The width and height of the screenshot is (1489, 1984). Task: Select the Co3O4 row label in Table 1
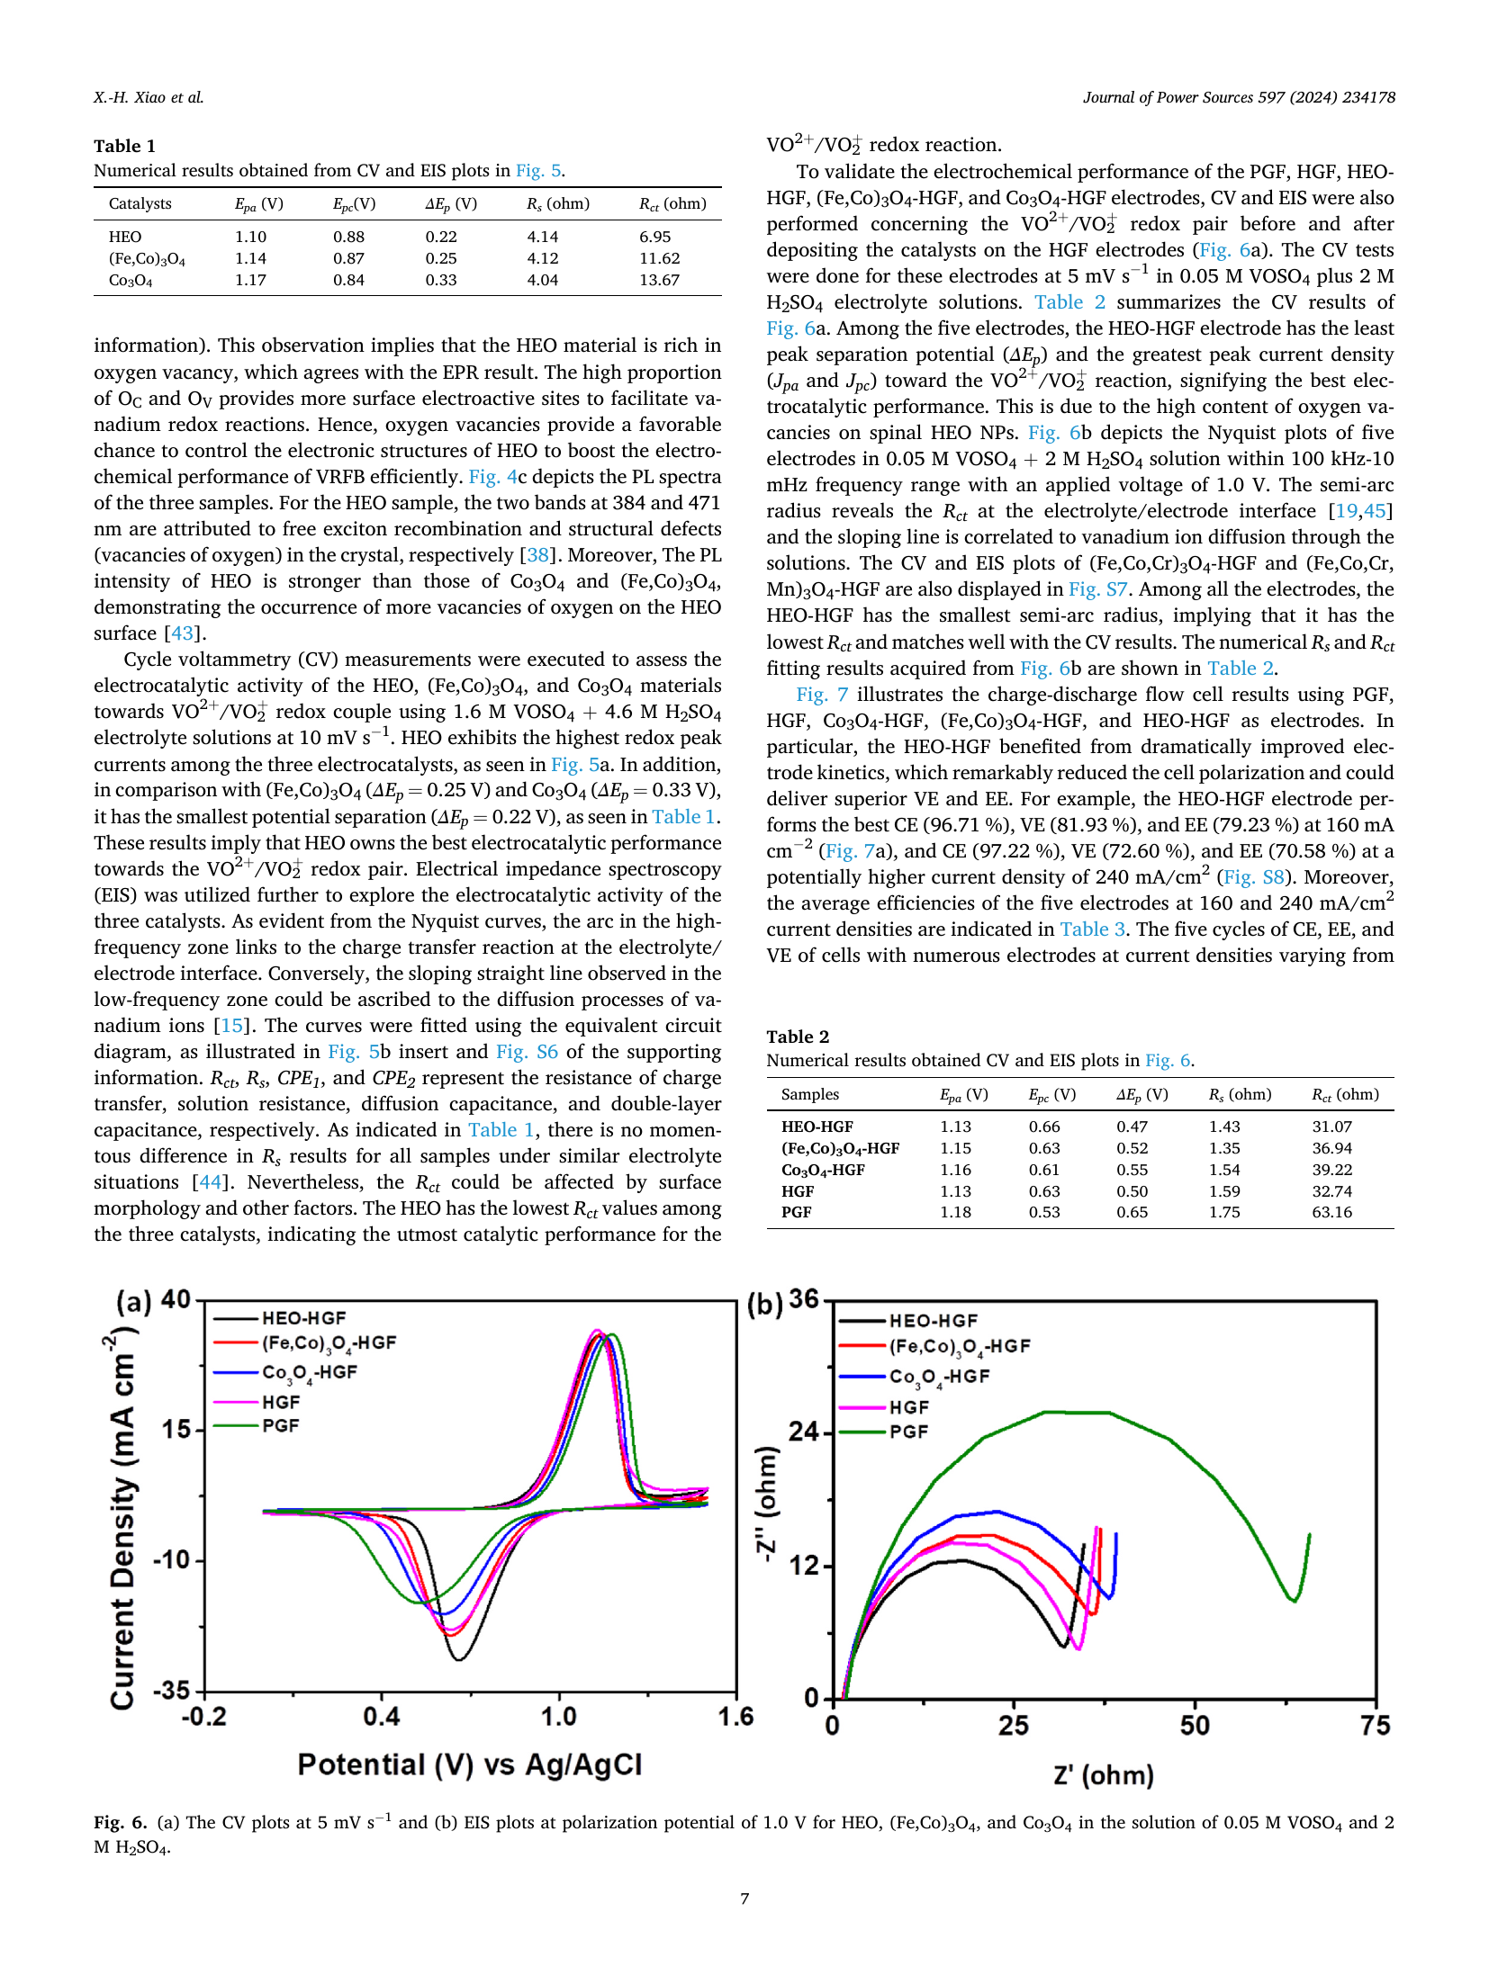coord(131,281)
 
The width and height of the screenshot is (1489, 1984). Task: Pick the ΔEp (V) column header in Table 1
coord(451,204)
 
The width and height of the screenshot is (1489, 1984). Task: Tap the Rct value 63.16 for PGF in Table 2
coord(1331,1212)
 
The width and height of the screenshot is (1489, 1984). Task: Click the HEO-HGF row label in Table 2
coord(817,1127)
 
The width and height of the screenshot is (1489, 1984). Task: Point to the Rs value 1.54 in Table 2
coord(1224,1170)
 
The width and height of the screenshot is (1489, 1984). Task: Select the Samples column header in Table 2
coord(809,1094)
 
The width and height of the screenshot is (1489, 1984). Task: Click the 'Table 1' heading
coord(124,146)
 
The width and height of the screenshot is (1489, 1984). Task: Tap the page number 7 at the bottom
coord(744,1899)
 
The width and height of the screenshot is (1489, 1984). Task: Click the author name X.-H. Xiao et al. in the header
coord(149,97)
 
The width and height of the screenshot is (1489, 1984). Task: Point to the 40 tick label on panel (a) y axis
coord(175,1300)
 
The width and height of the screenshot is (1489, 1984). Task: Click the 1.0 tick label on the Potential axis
coord(558,1717)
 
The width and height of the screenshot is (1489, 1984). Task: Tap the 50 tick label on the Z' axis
coord(1195,1725)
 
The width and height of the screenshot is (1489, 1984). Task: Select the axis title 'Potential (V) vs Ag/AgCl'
coord(470,1764)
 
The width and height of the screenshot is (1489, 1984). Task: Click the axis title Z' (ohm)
coord(1104,1775)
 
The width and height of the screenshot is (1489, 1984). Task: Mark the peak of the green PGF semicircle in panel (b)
coord(1076,1412)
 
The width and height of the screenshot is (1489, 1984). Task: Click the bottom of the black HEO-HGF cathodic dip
coord(459,1658)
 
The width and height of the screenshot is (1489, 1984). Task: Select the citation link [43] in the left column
coord(182,633)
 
